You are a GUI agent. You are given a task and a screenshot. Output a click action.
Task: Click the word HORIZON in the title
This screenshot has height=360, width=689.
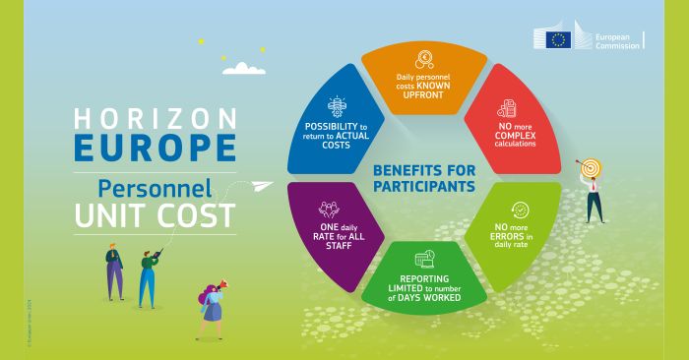(156, 119)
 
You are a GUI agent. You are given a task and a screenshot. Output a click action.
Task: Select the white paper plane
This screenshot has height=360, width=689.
(260, 186)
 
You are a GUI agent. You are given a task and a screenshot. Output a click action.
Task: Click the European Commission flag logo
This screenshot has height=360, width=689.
(559, 39)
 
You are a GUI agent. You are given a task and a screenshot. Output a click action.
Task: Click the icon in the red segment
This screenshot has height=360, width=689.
(507, 109)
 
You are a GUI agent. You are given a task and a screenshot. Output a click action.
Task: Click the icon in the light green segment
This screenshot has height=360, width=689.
(518, 210)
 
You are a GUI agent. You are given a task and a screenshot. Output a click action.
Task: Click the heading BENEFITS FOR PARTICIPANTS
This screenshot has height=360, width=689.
(424, 177)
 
